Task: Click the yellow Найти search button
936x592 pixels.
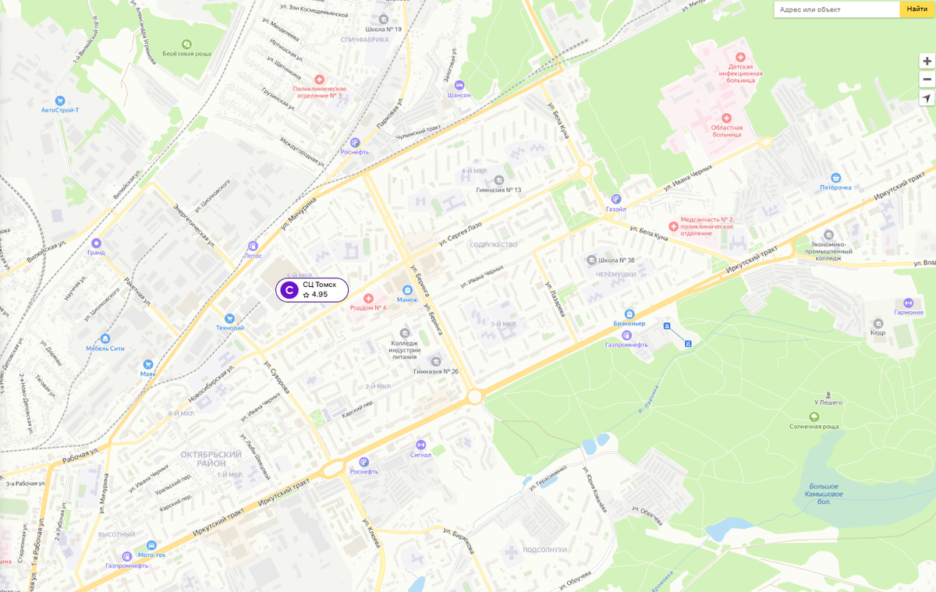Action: click(916, 9)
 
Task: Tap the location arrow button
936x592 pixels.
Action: click(926, 98)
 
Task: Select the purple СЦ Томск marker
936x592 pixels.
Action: click(289, 290)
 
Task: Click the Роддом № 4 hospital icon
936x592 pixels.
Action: click(369, 299)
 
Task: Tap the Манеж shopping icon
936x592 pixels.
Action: click(406, 290)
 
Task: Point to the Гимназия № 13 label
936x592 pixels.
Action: click(498, 190)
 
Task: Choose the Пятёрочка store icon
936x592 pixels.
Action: click(835, 177)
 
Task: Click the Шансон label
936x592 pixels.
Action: click(459, 95)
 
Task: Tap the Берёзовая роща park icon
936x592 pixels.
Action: click(186, 44)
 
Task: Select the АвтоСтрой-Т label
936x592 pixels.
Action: click(60, 110)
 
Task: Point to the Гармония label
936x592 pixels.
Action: click(908, 313)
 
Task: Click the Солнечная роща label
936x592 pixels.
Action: click(814, 427)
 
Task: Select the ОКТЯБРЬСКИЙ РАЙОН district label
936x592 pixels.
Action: click(211, 458)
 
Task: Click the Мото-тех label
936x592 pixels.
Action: click(151, 555)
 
